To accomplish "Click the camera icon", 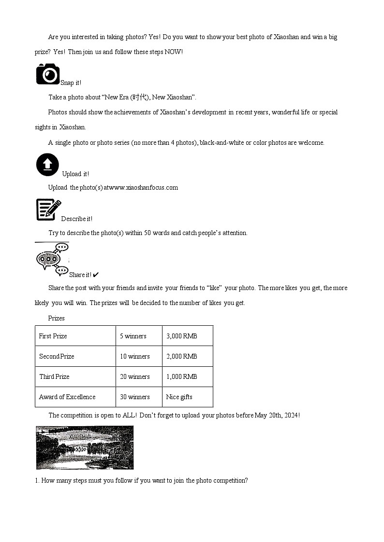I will pos(47,74).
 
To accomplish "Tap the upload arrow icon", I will pos(47,165).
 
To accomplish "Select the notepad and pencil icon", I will pos(48,210).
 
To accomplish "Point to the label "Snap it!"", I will pos(71,83).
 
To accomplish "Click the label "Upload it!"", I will pos(75,174).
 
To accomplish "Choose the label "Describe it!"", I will pos(76,219).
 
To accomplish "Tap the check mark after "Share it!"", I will pos(96,275).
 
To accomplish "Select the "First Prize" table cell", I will pos(53,336).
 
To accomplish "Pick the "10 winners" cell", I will pos(135,356).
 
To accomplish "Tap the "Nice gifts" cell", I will pos(179,397).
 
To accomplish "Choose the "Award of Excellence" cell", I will pos(67,397).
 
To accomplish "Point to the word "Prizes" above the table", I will pos(56,318).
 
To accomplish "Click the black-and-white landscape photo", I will pos(85,447).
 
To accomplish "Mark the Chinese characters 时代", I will pos(139,97).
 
